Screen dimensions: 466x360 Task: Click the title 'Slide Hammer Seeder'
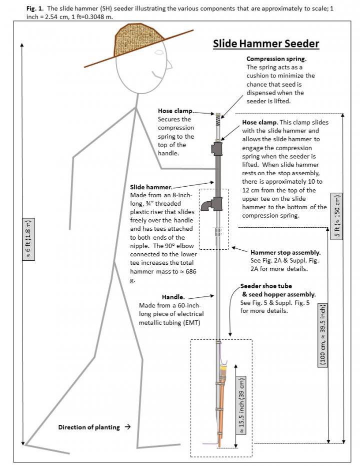[x=266, y=44]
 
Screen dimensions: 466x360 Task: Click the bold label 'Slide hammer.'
[x=151, y=187]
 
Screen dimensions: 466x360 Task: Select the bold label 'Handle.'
[x=173, y=297]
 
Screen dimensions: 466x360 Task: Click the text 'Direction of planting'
[x=89, y=427]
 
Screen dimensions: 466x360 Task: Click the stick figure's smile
[x=156, y=76]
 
